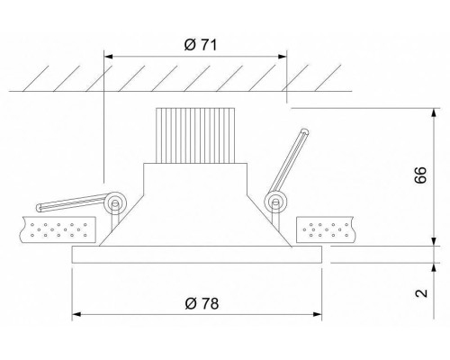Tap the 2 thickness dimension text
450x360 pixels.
pyautogui.click(x=419, y=292)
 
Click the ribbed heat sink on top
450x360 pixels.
pyautogui.click(x=197, y=133)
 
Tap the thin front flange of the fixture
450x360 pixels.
pyautogui.click(x=197, y=256)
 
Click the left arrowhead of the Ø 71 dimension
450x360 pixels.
pyautogui.click(x=111, y=57)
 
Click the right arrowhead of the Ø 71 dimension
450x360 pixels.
pyautogui.click(x=282, y=57)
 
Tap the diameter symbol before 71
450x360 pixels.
pyautogui.click(x=180, y=44)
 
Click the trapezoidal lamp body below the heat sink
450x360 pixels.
pyautogui.click(x=197, y=202)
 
